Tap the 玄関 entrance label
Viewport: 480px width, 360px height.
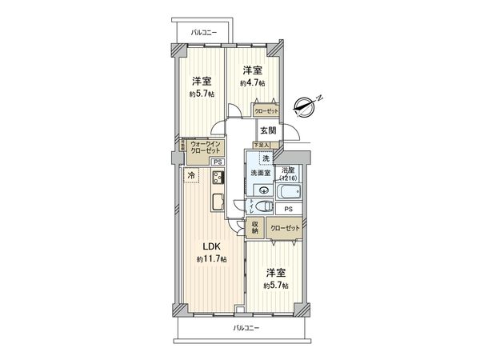267,130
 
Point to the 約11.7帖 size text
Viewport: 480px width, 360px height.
212,260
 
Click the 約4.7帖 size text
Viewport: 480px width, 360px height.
253,82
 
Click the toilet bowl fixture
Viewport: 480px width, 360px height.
265,207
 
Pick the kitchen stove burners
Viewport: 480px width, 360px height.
217,177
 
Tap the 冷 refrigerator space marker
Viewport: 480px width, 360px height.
191,174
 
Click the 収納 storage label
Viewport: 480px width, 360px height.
255,227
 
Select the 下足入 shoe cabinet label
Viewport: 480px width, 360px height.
262,144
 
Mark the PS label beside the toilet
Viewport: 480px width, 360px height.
288,209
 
